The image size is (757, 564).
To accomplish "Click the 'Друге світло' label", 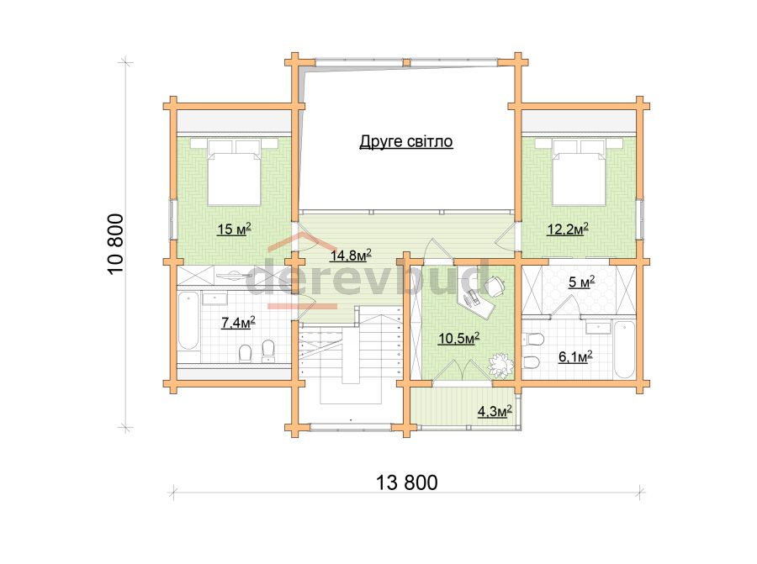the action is coord(406,142).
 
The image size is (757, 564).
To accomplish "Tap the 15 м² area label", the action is coord(234,229).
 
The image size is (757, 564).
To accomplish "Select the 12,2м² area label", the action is coord(567,228).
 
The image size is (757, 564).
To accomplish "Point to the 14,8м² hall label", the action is coord(351,255).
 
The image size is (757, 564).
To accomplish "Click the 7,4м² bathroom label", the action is coord(238,322).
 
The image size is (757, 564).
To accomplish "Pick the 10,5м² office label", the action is coord(458,338).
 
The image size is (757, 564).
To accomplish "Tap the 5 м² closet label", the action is coord(580,282).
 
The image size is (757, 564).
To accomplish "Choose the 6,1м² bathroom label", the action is coord(575,356).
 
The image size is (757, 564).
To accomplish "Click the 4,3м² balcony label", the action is coord(495,411).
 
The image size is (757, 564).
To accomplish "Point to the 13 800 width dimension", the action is coord(406,482).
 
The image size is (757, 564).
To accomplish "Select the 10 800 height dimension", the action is coord(116,244).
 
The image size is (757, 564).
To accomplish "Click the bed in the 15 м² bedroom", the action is coord(235,172).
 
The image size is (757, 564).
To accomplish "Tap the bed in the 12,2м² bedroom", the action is coord(580,172).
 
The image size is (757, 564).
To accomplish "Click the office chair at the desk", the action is coord(495,286).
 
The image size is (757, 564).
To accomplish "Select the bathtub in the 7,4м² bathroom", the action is coord(188,320).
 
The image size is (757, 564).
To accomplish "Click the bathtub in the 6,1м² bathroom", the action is coord(624,350).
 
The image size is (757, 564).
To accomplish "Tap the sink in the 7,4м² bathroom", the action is coord(214,299).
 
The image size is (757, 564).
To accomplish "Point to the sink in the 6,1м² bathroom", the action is coord(598,328).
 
